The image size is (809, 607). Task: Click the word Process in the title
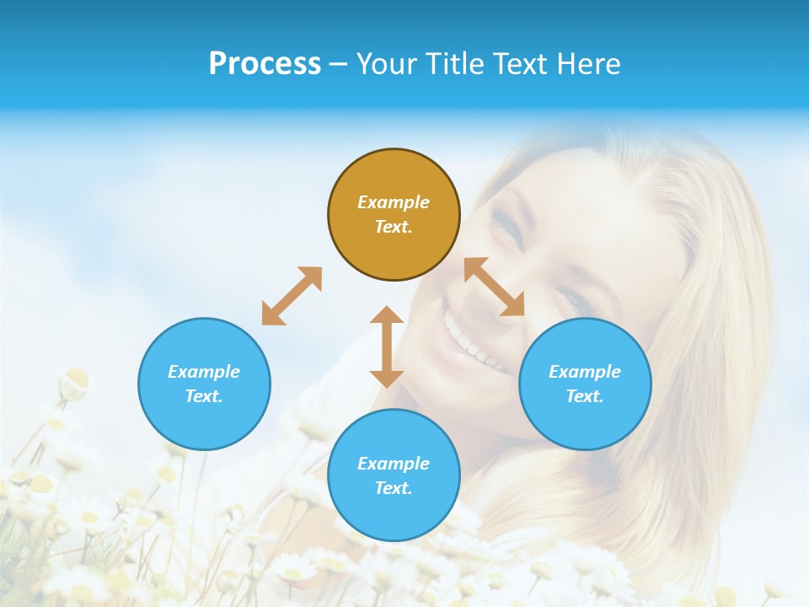[x=265, y=64]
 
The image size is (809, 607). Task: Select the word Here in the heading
[x=590, y=64]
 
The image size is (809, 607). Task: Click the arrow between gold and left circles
[x=292, y=296]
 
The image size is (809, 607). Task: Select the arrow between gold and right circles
[x=495, y=287]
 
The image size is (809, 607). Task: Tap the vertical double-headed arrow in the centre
[x=387, y=346]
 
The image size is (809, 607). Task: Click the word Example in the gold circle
[x=394, y=202]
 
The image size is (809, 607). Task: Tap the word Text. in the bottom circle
[x=394, y=488]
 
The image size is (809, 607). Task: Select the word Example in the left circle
[x=204, y=372]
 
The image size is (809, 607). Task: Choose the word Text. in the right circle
[x=585, y=396]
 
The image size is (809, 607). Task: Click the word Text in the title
[x=522, y=64]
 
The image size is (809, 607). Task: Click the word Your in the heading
[x=388, y=64]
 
